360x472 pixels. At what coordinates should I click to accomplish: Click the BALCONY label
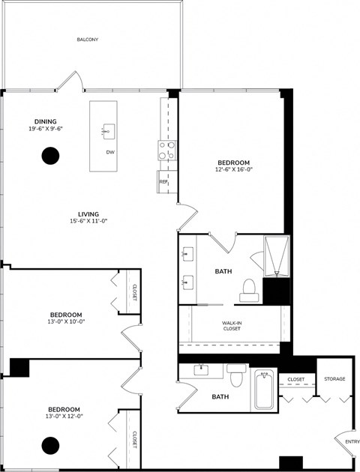tap(88, 40)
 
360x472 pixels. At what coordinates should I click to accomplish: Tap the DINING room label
tap(45, 121)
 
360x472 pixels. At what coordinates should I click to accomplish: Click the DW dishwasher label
tap(109, 152)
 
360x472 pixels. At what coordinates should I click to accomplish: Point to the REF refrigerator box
tap(163, 181)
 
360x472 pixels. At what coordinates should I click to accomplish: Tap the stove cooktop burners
tap(166, 150)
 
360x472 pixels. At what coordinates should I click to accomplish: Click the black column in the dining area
tap(50, 156)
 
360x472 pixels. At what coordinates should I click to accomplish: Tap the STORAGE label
tap(334, 379)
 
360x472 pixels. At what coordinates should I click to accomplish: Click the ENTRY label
tap(352, 441)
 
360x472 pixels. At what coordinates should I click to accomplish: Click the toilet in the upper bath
tap(248, 291)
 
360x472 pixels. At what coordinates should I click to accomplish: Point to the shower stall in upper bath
tap(276, 256)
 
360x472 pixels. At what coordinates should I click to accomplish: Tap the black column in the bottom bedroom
tap(50, 445)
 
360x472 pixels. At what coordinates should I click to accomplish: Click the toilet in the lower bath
tap(237, 374)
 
